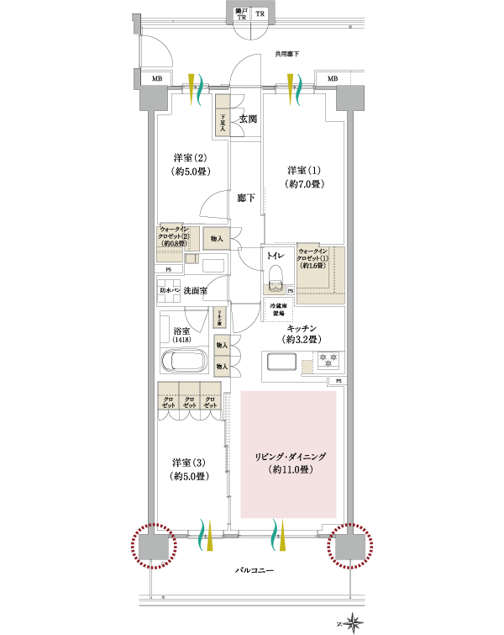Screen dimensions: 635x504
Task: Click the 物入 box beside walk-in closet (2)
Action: (217, 239)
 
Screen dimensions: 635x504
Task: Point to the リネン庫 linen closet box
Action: (219, 317)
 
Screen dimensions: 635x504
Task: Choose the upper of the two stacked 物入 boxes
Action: (222, 345)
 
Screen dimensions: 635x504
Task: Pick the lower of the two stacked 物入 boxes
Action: (222, 366)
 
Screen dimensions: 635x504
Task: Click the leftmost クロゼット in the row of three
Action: (168, 396)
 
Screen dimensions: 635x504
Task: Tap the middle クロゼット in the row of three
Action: (189, 396)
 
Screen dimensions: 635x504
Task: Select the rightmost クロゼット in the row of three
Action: (210, 396)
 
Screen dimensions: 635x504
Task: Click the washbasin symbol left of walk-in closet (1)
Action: (274, 289)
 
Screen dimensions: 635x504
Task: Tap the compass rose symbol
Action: (353, 622)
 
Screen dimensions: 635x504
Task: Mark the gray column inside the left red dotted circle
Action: (154, 546)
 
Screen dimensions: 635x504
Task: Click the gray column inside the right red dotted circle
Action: (349, 546)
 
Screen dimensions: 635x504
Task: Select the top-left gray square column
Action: (154, 98)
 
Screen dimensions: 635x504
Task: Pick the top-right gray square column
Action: (349, 98)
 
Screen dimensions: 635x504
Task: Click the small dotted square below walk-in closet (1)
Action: (307, 367)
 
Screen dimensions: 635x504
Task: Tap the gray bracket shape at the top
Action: (250, 7)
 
